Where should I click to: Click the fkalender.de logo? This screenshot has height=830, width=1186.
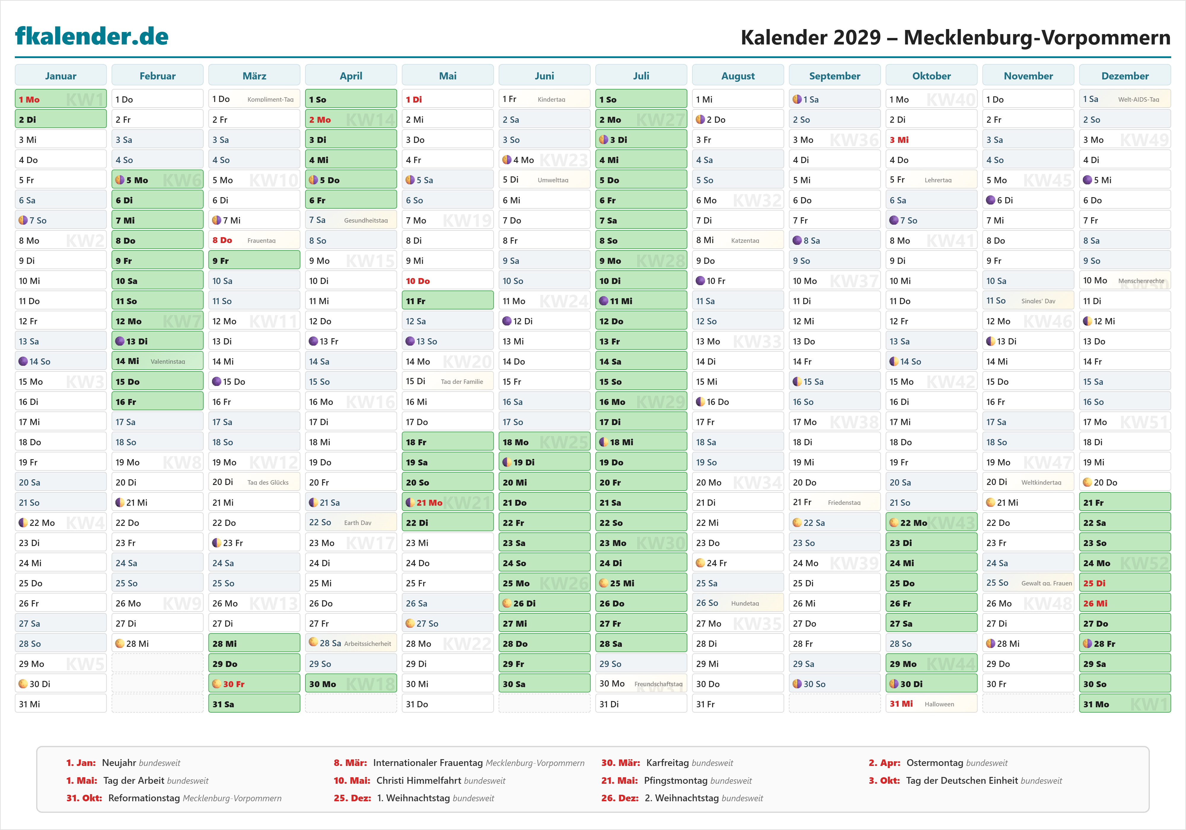tap(92, 36)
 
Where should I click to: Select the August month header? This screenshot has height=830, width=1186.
tap(738, 76)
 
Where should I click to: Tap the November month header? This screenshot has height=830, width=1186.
tap(1028, 76)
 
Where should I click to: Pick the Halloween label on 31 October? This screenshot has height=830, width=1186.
tap(939, 705)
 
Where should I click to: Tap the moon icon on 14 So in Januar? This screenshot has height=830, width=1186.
tap(23, 362)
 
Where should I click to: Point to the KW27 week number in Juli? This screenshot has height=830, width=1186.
tap(660, 120)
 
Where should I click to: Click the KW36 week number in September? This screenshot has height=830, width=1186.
tap(854, 140)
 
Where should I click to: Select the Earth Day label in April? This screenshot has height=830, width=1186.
tap(358, 523)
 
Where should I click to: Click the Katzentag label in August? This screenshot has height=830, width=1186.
tap(745, 241)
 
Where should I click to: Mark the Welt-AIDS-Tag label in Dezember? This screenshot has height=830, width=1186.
tap(1139, 100)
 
